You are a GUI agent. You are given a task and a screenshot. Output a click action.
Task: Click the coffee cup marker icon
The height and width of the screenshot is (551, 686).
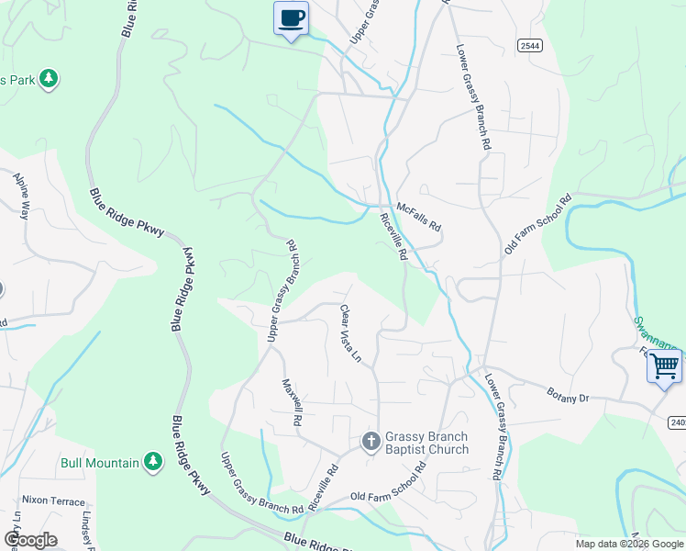click(292, 18)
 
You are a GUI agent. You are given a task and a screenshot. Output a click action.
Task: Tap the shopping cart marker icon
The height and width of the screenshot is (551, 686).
click(664, 366)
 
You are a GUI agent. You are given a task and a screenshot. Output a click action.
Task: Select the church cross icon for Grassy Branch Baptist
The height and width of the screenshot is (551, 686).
click(371, 443)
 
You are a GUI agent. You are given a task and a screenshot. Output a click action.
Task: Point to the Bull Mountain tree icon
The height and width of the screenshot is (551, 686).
click(154, 462)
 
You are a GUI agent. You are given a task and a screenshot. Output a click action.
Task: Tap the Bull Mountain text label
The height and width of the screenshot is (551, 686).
click(100, 463)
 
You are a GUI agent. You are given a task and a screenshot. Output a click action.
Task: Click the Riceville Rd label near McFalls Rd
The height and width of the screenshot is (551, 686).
click(393, 237)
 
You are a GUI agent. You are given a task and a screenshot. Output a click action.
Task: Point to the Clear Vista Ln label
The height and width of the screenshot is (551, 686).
click(352, 333)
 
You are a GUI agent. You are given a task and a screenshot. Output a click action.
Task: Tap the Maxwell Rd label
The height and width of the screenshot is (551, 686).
click(293, 402)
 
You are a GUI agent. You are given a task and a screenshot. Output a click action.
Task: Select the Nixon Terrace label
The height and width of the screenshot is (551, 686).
click(54, 502)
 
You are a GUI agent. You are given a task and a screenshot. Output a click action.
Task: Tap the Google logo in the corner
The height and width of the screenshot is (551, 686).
click(29, 540)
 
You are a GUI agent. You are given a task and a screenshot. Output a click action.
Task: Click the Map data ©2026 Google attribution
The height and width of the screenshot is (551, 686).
click(628, 544)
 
